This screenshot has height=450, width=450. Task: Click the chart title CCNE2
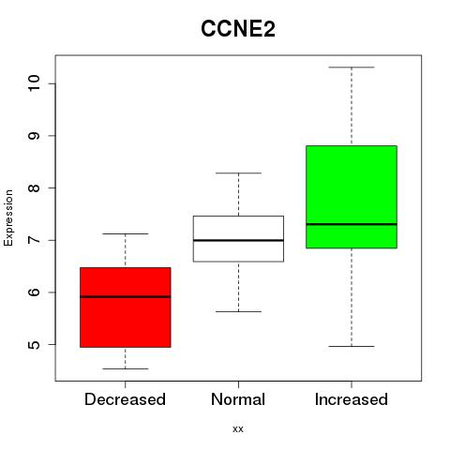click(238, 29)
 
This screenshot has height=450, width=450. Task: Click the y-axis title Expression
click(8, 217)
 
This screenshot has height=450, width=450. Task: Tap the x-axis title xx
click(238, 429)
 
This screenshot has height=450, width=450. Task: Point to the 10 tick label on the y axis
click(34, 83)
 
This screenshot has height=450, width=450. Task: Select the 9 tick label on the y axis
click(34, 136)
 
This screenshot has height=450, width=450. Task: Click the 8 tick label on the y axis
click(34, 187)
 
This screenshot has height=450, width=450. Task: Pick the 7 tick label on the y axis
click(34, 240)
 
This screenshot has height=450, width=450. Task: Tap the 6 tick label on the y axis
click(34, 292)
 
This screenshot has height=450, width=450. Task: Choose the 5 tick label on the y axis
click(34, 344)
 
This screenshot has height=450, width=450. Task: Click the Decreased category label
click(125, 399)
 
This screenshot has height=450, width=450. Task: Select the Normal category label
click(238, 399)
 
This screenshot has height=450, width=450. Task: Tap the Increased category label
click(352, 399)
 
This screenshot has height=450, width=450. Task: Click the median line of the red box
click(126, 297)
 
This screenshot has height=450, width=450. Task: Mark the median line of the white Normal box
click(238, 240)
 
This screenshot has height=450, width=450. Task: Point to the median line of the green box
click(352, 224)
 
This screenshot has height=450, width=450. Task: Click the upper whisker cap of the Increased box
click(352, 67)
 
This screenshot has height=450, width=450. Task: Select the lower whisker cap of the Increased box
click(352, 346)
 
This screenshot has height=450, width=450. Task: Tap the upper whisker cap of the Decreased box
click(126, 233)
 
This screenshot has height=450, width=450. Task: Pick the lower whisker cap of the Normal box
click(238, 311)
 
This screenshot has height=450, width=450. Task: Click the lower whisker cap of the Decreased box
click(126, 368)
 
